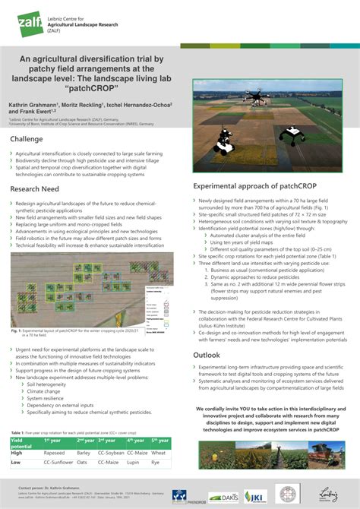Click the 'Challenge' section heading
coord(33,139)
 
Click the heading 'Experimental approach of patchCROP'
coord(254,185)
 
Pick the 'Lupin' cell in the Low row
coord(134,461)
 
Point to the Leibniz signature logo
coord(329,495)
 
